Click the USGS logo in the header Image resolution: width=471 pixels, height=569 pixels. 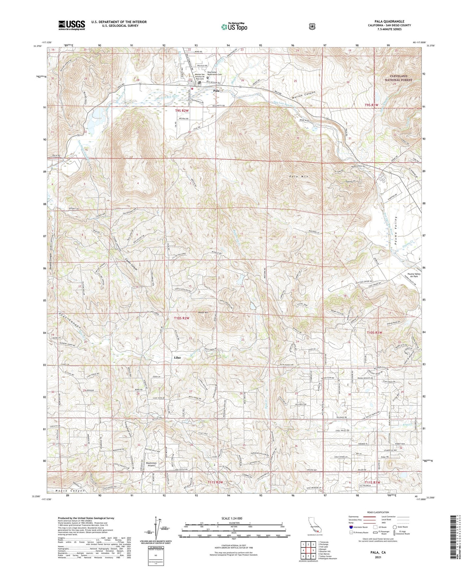[72, 25]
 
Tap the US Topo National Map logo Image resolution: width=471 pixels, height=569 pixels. [234, 26]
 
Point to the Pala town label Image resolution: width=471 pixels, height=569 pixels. [216, 91]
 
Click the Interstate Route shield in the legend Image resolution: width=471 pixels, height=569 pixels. [351, 527]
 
